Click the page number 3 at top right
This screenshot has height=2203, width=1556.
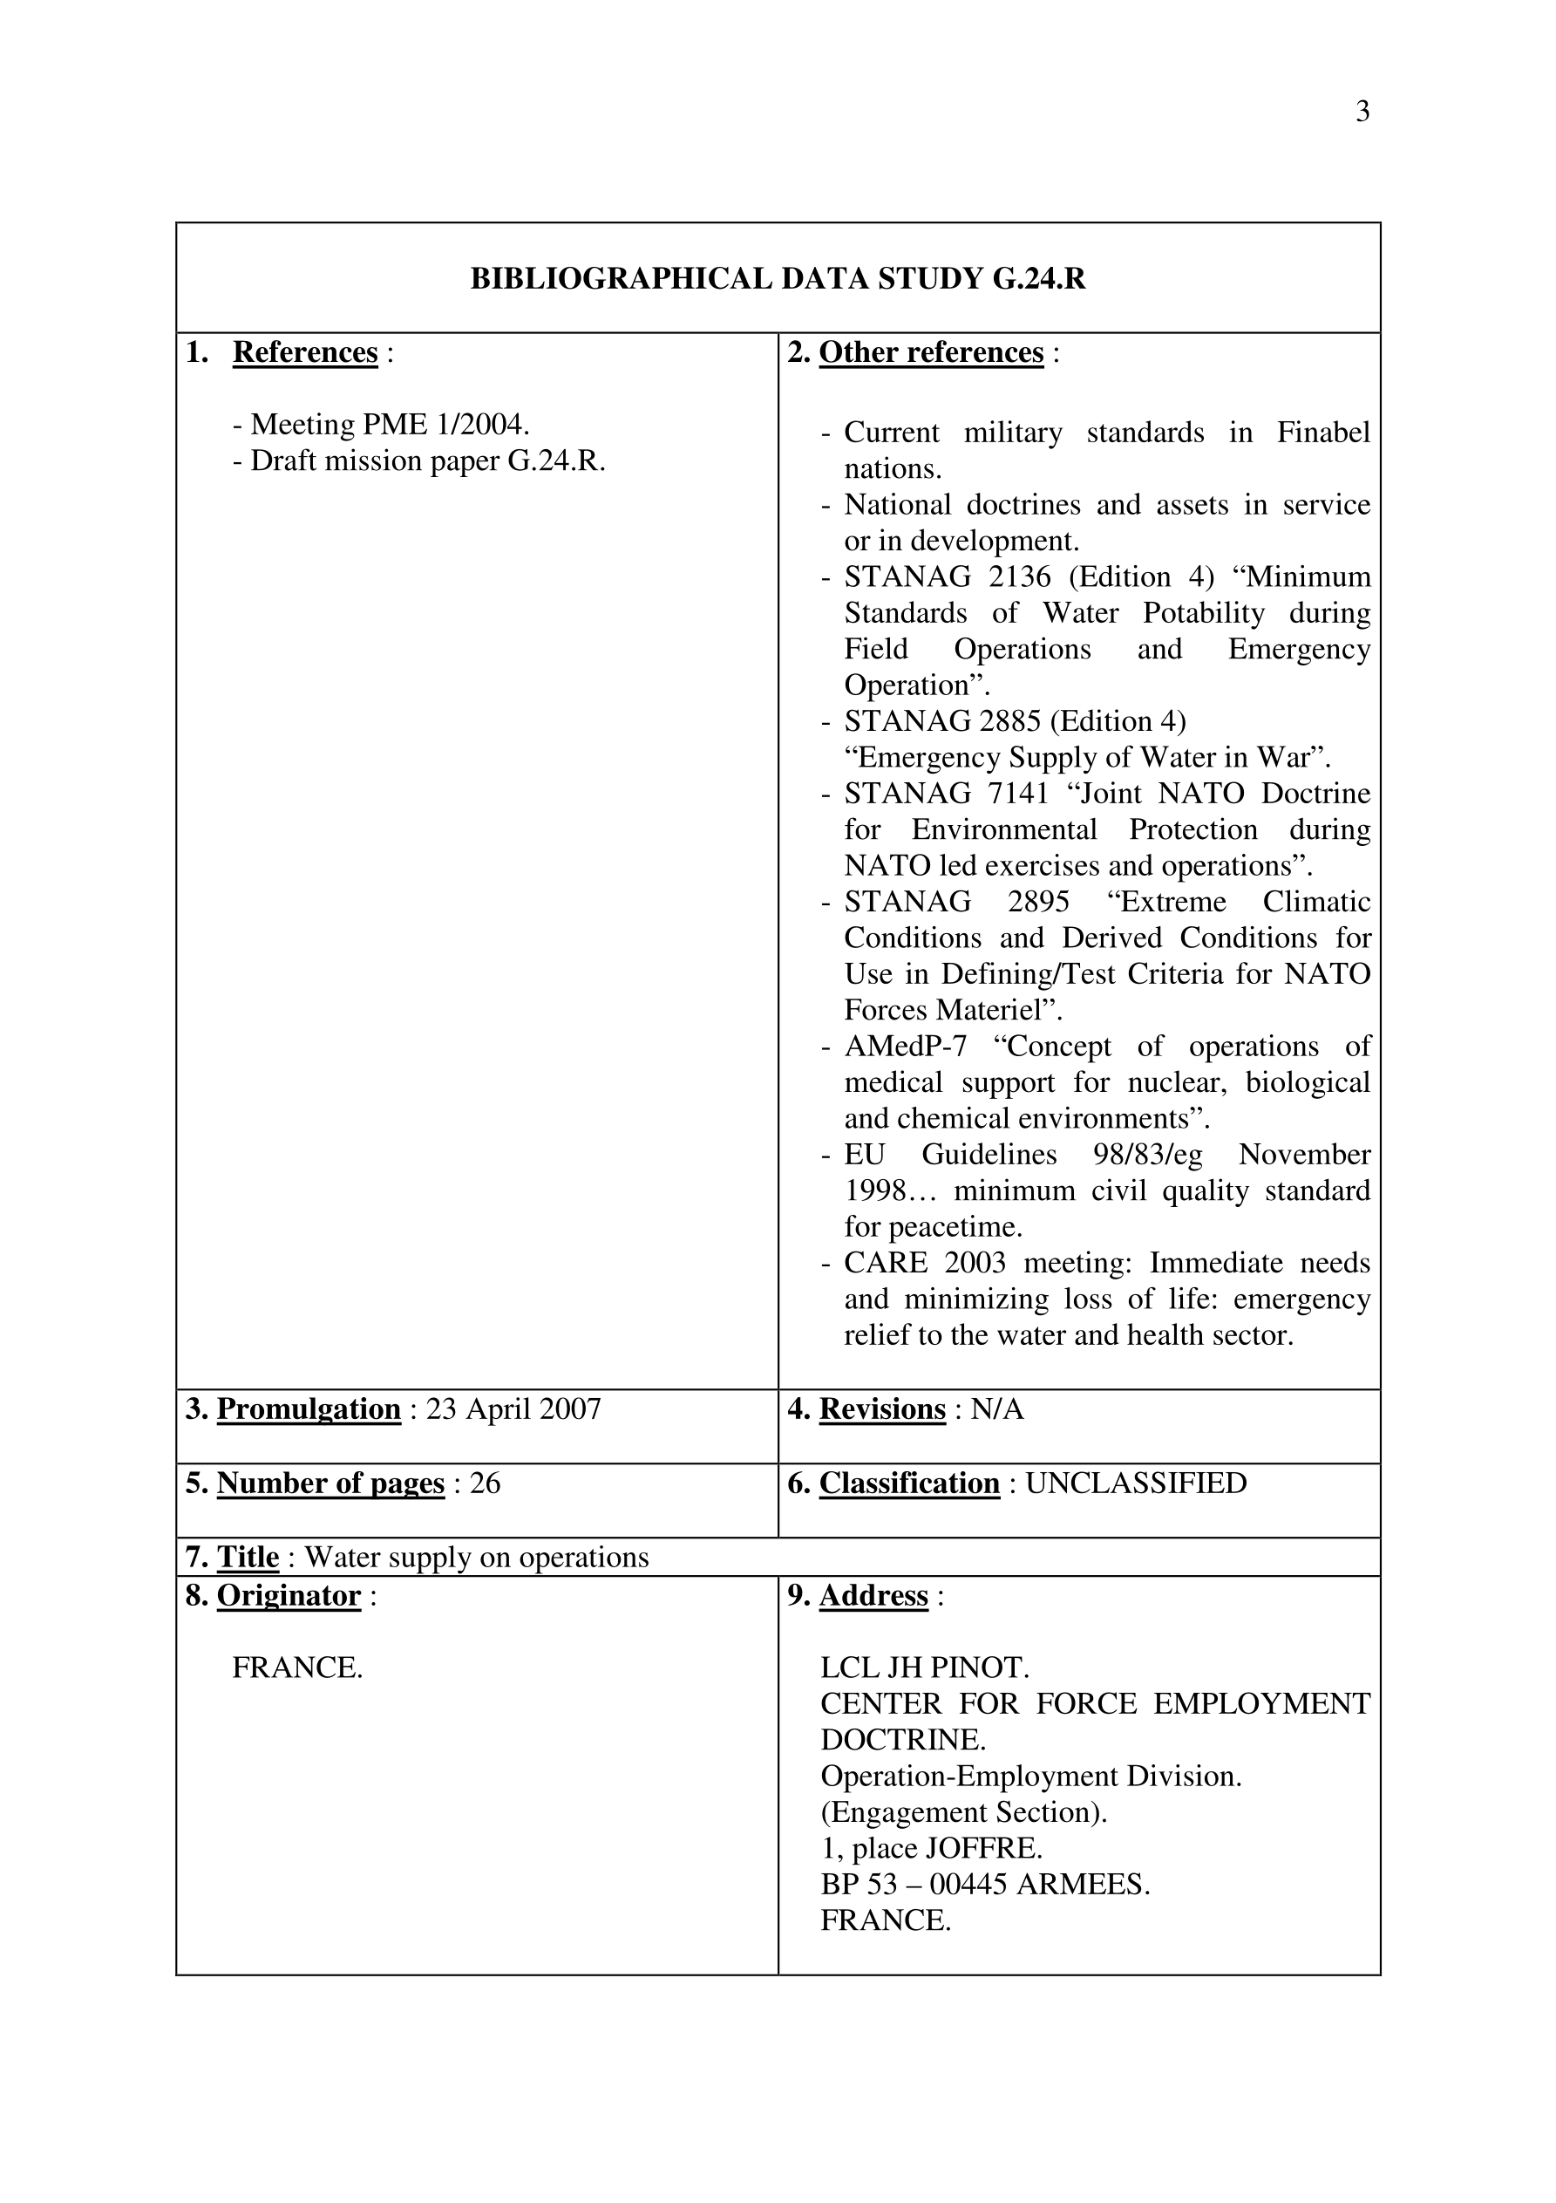click(1362, 113)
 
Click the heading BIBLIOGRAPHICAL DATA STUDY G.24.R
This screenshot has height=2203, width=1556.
click(777, 278)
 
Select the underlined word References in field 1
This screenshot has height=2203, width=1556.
click(305, 352)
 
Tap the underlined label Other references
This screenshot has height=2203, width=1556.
click(930, 352)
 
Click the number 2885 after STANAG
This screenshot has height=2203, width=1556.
click(1005, 720)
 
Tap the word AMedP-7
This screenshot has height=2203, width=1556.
click(905, 1046)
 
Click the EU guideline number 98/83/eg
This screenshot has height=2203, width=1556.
click(1147, 1155)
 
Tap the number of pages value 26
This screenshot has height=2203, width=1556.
click(486, 1483)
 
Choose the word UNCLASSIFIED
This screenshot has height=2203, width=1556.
click(1136, 1483)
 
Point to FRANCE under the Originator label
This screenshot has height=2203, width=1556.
click(297, 1668)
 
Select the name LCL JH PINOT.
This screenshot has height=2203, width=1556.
click(925, 1668)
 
